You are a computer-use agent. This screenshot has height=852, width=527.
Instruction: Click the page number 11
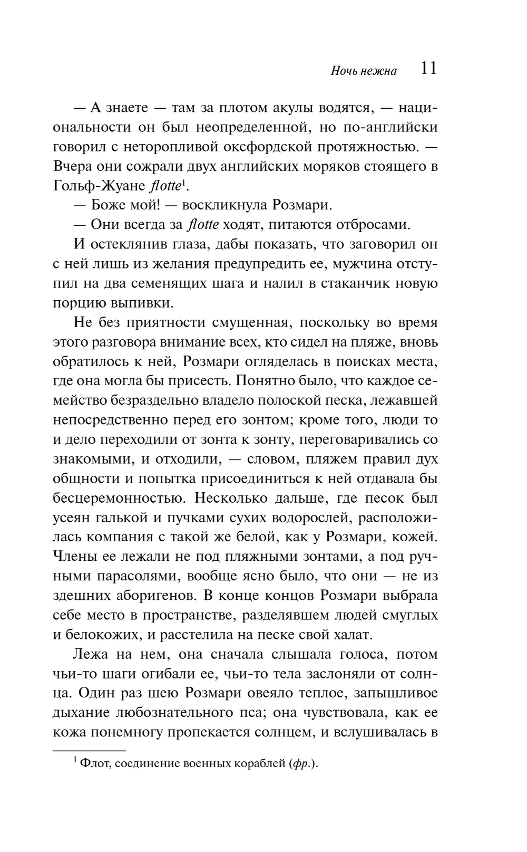pyautogui.click(x=429, y=69)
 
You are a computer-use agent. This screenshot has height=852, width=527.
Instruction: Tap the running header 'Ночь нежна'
pyautogui.click(x=364, y=71)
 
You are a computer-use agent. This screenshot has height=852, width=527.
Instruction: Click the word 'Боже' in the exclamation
pyautogui.click(x=110, y=205)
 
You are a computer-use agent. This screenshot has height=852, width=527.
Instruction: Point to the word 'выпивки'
pyautogui.click(x=149, y=303)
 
